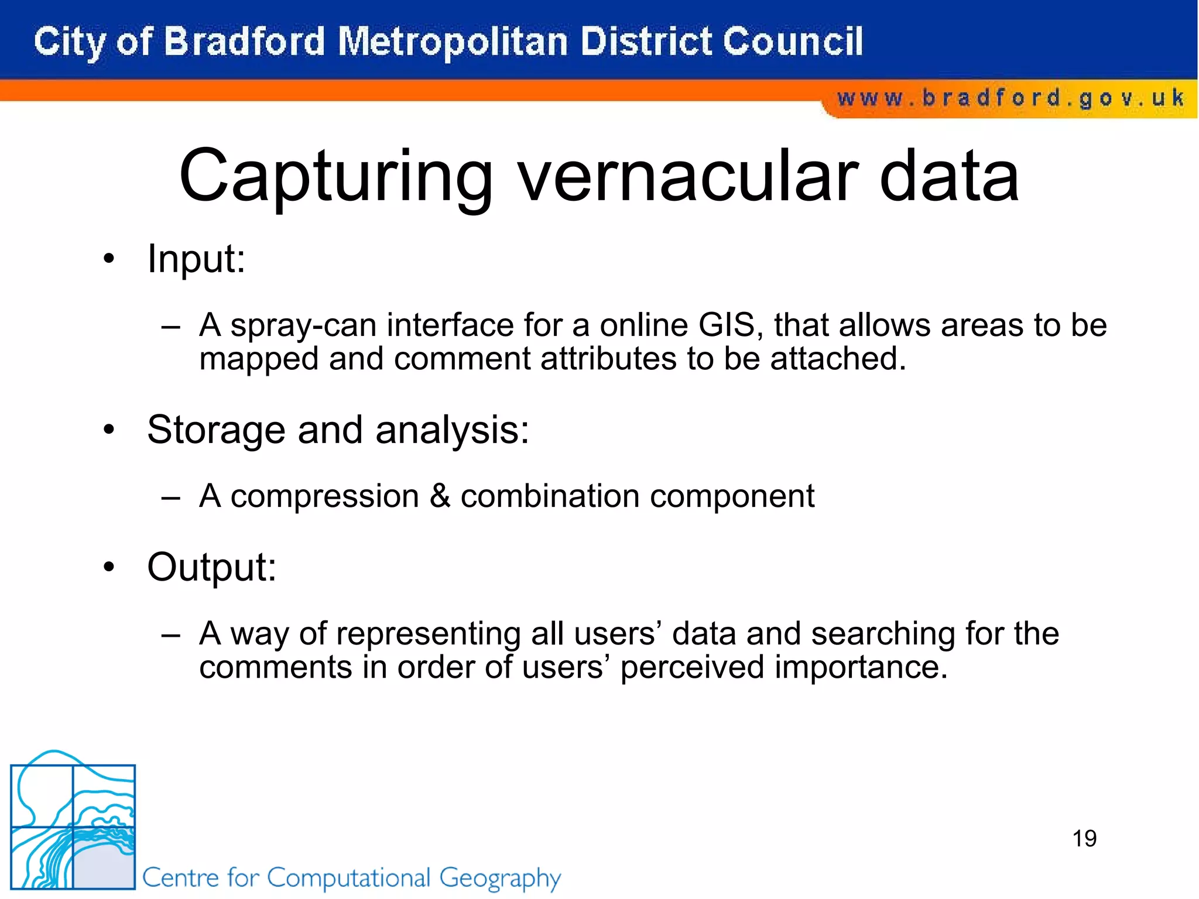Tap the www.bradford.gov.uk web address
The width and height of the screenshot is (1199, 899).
[x=1010, y=98]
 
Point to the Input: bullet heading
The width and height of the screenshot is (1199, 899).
[x=196, y=259]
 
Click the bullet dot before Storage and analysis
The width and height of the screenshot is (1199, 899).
[x=109, y=430]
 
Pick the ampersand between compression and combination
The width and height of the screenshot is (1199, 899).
[x=440, y=496]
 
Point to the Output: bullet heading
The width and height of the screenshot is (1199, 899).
[x=211, y=567]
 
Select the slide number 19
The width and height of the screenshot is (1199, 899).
[x=1084, y=839]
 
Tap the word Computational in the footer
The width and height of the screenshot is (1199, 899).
[x=349, y=878]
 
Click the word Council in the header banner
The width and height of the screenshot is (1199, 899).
[x=793, y=42]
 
